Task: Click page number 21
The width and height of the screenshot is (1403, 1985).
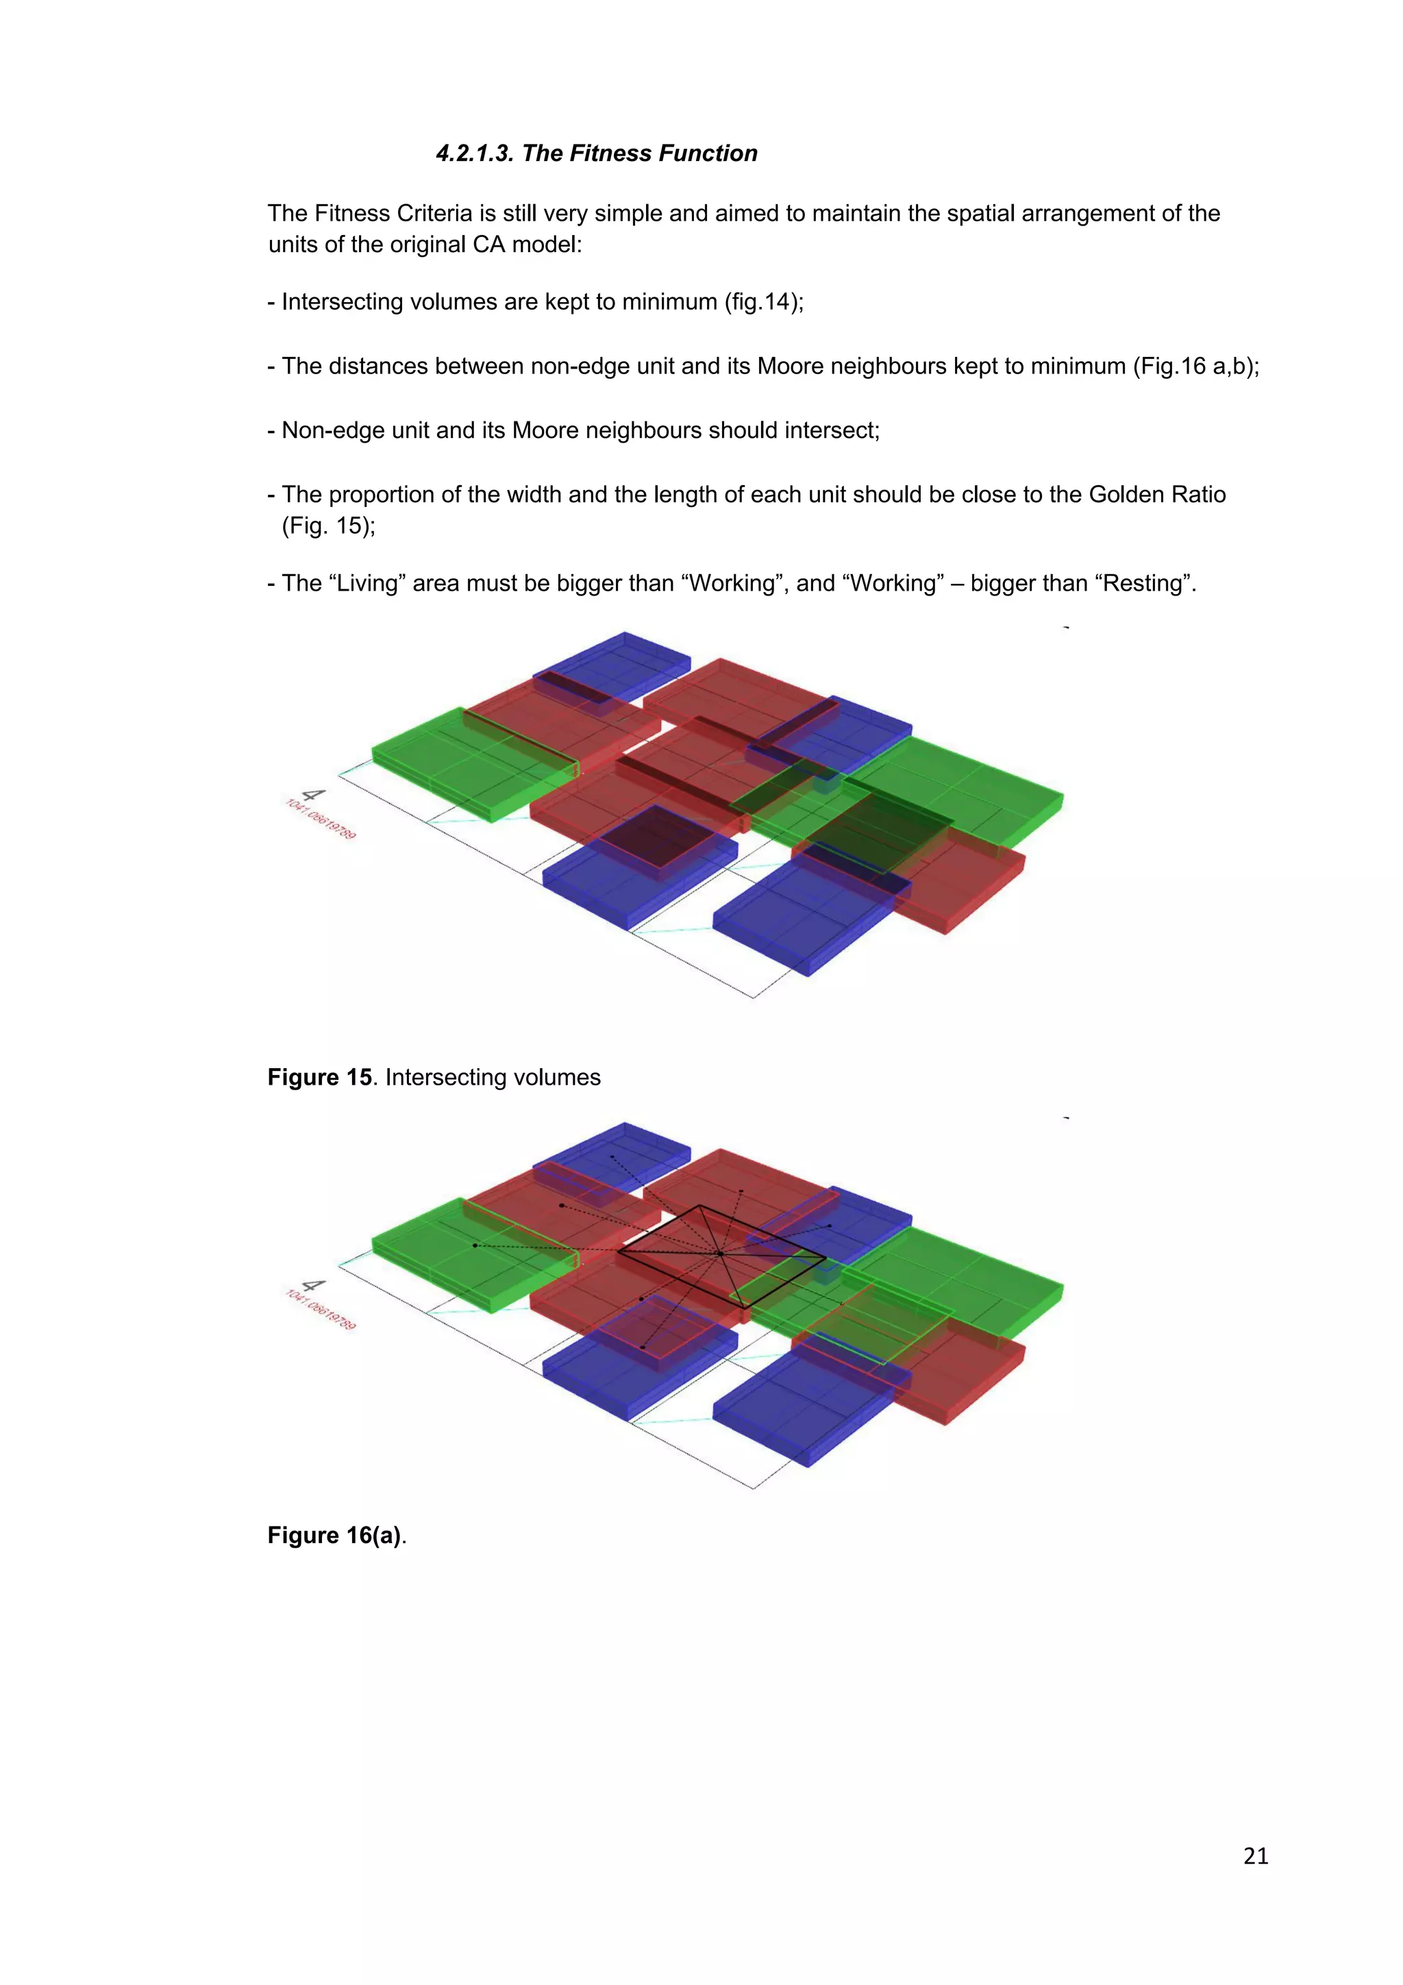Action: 1255,1855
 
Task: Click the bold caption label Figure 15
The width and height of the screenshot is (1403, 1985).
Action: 319,1077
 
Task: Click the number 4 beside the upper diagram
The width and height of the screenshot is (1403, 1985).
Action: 312,796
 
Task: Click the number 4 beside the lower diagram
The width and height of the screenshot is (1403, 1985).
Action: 312,1285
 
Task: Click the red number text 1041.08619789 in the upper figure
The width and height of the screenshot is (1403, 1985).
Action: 320,819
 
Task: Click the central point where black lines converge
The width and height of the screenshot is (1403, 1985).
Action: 719,1253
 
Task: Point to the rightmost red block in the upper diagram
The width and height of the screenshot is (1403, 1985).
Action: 968,878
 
